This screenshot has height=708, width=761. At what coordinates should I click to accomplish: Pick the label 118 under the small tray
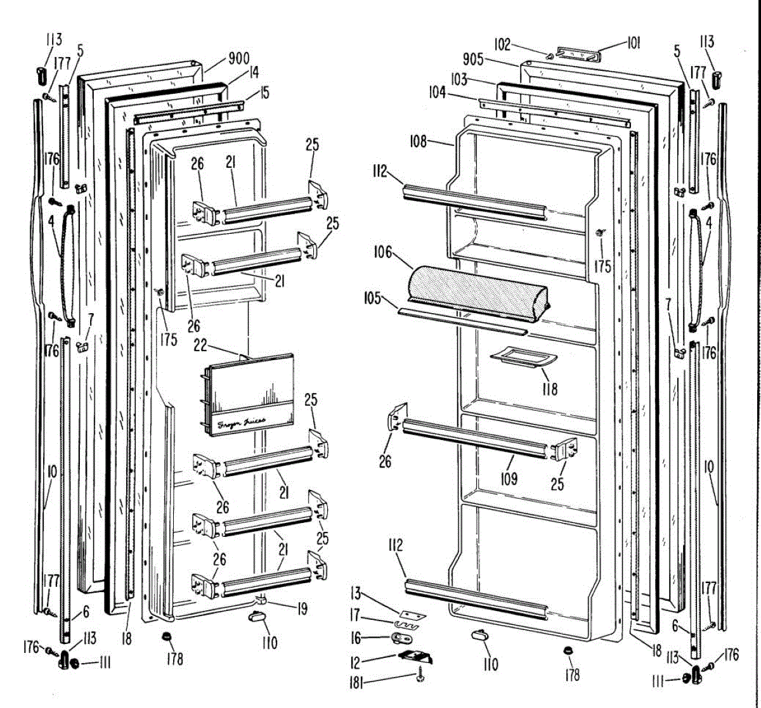[549, 388]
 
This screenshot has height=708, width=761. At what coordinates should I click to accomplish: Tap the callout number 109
[509, 478]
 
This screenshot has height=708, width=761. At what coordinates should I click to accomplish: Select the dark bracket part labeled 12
[415, 657]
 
